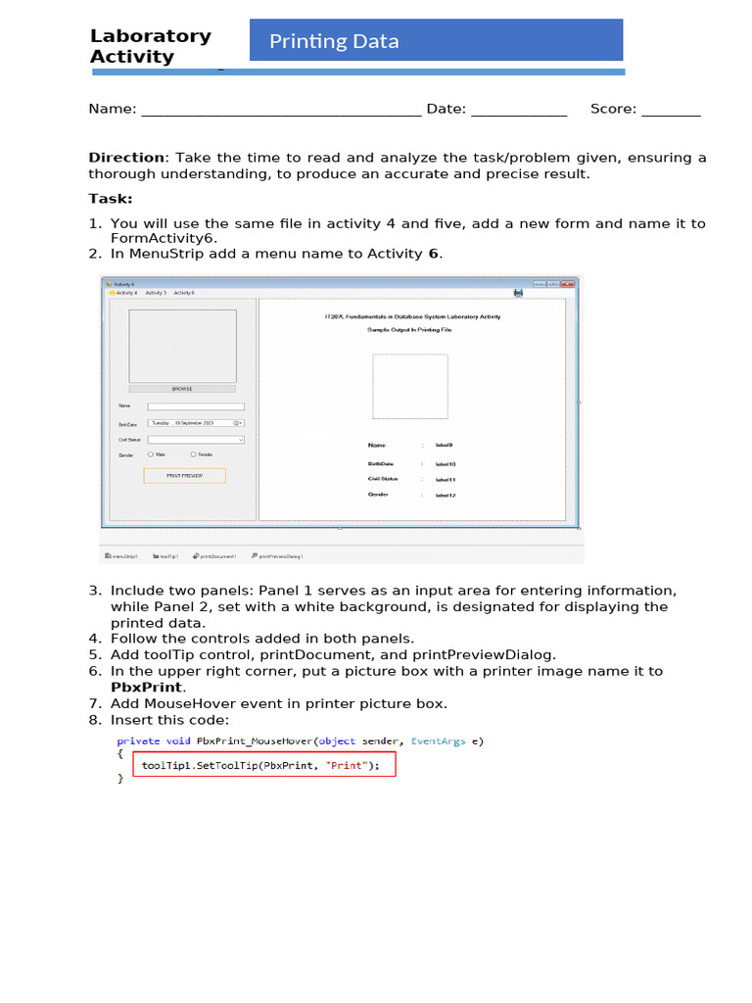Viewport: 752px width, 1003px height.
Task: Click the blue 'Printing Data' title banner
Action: point(436,41)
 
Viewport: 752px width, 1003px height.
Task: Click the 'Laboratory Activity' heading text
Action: point(150,46)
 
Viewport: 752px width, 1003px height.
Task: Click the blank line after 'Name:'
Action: point(281,110)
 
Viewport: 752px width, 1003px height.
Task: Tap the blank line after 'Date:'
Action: point(519,110)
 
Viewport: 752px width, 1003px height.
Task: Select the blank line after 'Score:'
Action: point(671,110)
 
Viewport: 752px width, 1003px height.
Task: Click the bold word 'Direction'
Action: point(127,158)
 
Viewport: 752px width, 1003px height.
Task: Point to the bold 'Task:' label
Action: point(110,199)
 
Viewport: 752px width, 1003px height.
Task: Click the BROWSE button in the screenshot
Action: point(182,389)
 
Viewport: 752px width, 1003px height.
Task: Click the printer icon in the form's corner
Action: point(518,292)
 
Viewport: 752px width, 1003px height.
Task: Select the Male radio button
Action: point(151,454)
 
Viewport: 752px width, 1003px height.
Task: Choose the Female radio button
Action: point(194,454)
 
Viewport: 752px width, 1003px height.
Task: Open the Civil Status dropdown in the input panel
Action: point(196,440)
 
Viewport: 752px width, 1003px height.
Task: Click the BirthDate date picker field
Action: point(195,422)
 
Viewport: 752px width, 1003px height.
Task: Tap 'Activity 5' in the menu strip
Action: point(156,293)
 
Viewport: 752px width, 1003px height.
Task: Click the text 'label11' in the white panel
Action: point(446,480)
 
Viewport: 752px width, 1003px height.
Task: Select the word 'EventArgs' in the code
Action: point(439,741)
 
